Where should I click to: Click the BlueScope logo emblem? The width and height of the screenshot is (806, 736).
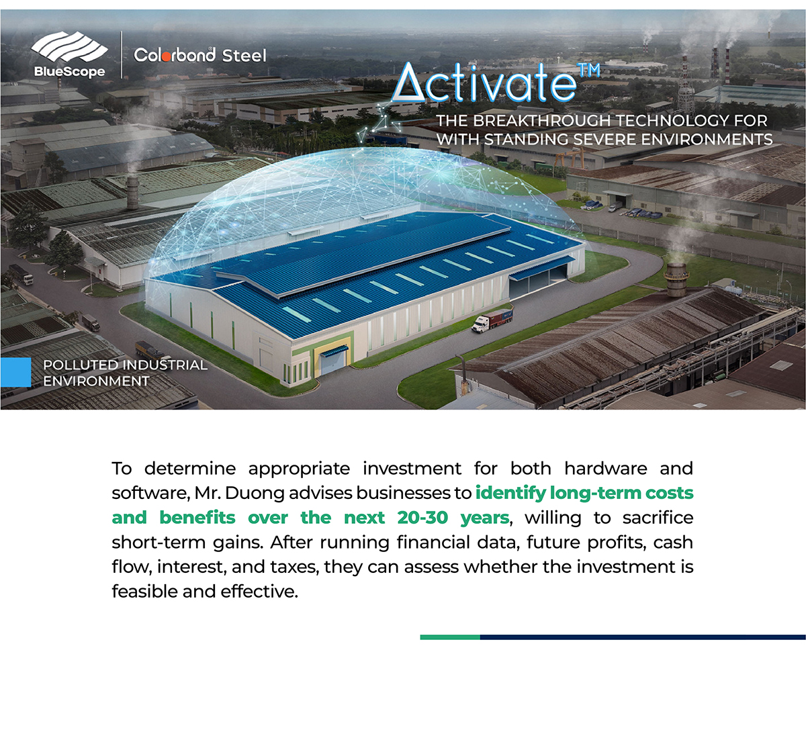(69, 48)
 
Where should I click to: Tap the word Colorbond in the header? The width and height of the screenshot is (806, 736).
(175, 54)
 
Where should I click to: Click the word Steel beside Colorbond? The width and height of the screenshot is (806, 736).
(244, 56)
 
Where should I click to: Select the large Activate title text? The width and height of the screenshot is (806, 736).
(484, 83)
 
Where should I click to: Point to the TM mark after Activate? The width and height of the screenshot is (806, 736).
(590, 70)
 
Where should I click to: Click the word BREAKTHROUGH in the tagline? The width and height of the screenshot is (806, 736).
(543, 120)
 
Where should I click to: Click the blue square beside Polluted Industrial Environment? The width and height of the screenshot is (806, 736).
(15, 372)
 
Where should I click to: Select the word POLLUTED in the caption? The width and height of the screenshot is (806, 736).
(79, 365)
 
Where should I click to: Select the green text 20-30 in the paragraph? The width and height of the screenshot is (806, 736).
(422, 518)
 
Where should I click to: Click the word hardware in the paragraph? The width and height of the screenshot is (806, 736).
(605, 469)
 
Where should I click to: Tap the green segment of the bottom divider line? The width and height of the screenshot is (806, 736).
(450, 637)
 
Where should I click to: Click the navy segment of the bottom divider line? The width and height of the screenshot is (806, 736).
(643, 637)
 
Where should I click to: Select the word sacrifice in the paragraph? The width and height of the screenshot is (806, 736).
(658, 518)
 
